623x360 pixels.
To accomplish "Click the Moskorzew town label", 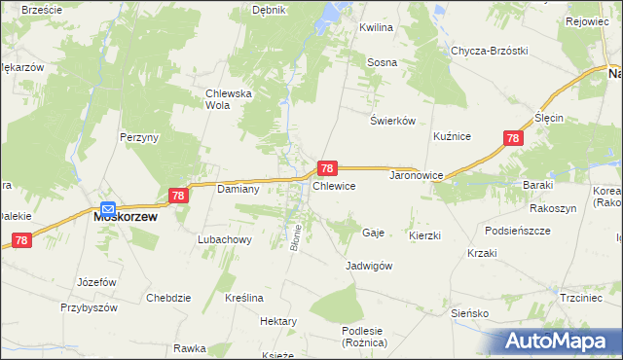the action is click(125, 218).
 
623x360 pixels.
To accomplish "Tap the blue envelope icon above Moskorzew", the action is click(108, 207).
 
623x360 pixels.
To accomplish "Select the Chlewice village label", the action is click(333, 185).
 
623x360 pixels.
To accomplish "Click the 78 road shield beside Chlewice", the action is click(328, 168).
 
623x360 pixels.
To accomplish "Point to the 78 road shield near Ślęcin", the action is click(513, 139).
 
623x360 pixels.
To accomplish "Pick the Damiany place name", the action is click(237, 189).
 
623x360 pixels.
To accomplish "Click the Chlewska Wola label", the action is click(229, 99).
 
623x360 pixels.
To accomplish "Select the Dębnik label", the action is click(268, 10).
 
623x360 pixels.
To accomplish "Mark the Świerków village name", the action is click(393, 121).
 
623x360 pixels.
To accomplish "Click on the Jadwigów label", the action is click(369, 266).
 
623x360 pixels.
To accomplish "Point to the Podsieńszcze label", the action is click(517, 231).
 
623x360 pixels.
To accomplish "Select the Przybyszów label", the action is click(89, 306).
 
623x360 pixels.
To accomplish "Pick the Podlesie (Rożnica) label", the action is click(365, 337).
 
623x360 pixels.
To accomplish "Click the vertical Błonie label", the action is click(295, 236).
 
